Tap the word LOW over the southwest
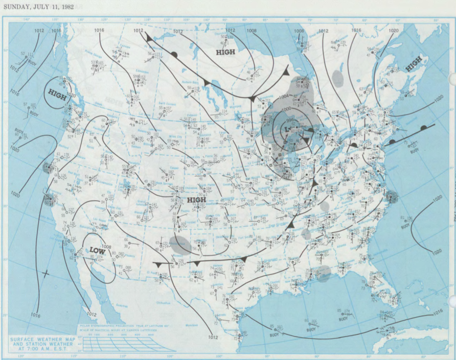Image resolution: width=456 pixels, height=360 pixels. click(x=97, y=250)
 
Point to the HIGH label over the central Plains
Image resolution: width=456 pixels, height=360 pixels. click(x=197, y=200)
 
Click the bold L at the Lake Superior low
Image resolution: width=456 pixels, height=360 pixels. click(x=288, y=129)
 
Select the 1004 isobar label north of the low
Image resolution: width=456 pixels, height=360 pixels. click(x=283, y=97)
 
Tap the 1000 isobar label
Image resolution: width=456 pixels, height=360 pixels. click(x=286, y=108)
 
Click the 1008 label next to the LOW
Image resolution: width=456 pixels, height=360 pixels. click(x=107, y=247)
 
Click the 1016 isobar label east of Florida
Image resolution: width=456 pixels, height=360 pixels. click(x=438, y=312)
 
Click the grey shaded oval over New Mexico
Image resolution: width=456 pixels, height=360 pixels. click(x=180, y=244)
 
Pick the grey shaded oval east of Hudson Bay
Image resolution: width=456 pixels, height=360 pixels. click(x=337, y=78)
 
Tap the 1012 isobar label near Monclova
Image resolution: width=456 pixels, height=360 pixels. click(x=212, y=337)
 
